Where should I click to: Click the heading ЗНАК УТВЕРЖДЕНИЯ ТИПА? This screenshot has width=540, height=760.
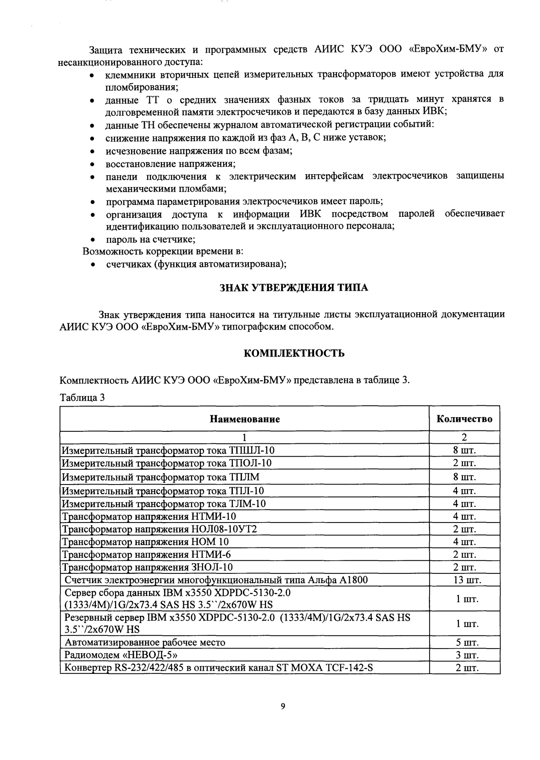tap(294, 288)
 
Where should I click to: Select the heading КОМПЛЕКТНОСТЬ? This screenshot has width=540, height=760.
tap(294, 353)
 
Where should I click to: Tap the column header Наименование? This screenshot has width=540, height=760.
tap(245, 419)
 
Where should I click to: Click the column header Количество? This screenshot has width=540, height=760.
tap(464, 419)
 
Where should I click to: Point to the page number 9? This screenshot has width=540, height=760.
tap(283, 706)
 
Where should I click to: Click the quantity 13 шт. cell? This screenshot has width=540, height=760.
tap(464, 580)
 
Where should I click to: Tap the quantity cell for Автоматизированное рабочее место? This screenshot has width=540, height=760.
tap(464, 642)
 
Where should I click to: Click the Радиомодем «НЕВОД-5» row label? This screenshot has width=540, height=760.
tap(121, 655)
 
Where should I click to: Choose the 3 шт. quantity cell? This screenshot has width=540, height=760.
tap(464, 655)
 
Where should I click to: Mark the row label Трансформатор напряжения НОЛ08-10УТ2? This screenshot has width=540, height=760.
tap(159, 529)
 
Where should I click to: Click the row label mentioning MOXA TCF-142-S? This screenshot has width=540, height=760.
tap(219, 667)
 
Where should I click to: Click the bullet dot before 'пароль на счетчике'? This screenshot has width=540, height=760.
tap(93, 240)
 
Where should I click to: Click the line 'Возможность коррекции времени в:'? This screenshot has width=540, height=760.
tap(162, 251)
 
